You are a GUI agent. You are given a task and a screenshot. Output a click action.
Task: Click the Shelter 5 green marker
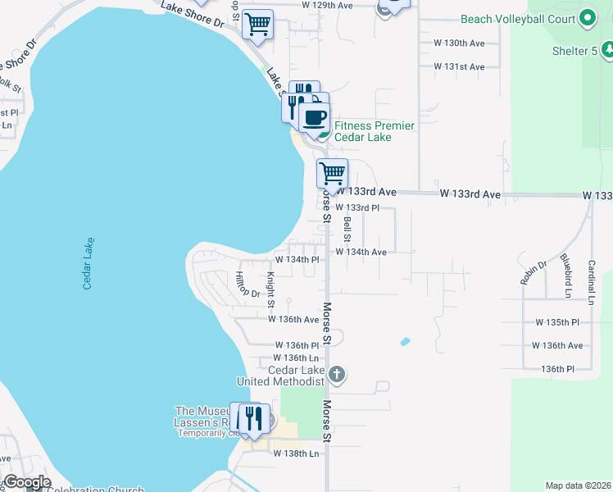click(608, 51)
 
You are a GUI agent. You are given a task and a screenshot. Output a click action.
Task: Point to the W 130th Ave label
click(459, 43)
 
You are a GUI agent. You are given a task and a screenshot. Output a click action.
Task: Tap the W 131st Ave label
click(459, 66)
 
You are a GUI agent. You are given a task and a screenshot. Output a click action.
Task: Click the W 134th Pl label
click(296, 259)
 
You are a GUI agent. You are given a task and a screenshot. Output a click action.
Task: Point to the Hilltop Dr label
click(246, 285)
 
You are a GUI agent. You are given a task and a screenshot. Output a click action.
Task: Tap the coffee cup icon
click(314, 116)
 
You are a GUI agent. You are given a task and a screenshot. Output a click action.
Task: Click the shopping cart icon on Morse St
click(332, 173)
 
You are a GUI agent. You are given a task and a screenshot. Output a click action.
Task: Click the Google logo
click(27, 482)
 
